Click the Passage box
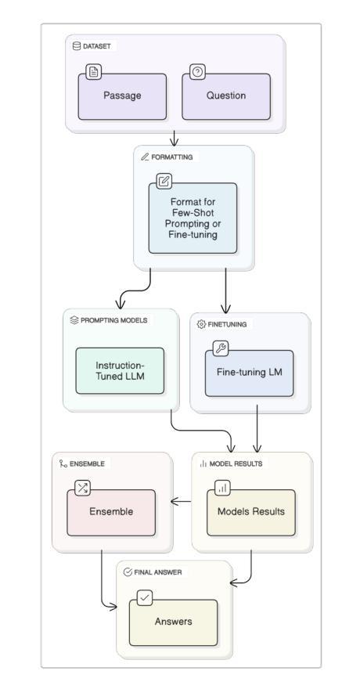click(x=122, y=97)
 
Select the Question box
click(x=226, y=97)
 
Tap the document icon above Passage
click(x=94, y=72)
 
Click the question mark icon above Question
click(x=197, y=72)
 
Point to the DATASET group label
click(x=97, y=46)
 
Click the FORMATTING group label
click(x=172, y=157)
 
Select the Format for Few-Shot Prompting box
click(x=193, y=218)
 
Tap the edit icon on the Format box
click(x=164, y=181)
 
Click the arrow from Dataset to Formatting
click(x=174, y=138)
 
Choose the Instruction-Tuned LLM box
click(x=120, y=370)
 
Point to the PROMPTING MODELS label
click(x=113, y=320)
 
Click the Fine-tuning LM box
click(x=249, y=373)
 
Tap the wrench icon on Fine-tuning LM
click(x=221, y=348)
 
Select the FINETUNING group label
click(x=227, y=324)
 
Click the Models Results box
click(x=250, y=513)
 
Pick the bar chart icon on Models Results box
click(x=222, y=488)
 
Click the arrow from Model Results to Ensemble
click(x=181, y=502)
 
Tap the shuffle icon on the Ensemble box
click(x=82, y=488)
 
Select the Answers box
click(x=173, y=622)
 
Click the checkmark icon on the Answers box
click(x=145, y=598)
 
